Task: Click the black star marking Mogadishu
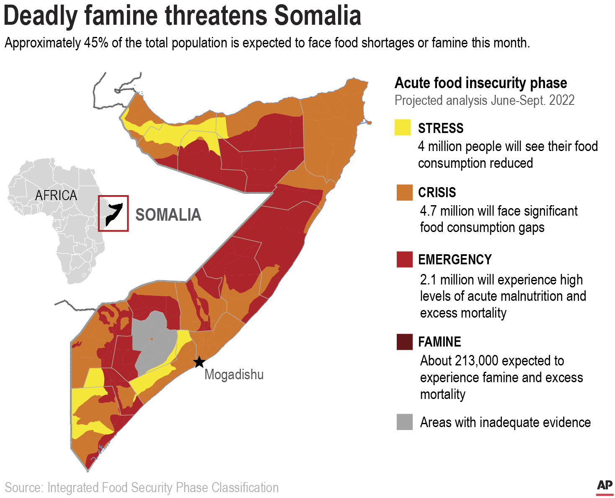coord(199,362)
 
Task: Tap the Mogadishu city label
coord(234,374)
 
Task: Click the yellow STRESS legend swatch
coord(403,128)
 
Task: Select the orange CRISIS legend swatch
coord(404,192)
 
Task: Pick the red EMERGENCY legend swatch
coord(404,259)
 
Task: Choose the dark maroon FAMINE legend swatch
coord(404,342)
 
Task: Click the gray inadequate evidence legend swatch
coord(404,422)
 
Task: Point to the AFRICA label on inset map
coord(56,196)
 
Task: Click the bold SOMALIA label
coord(168,215)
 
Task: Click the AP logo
coord(604,485)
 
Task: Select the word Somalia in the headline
coord(318,16)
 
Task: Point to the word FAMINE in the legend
coord(439,342)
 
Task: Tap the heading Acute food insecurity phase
coord(481,83)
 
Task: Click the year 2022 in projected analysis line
coord(561,100)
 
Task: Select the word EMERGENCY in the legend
coord(455,259)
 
